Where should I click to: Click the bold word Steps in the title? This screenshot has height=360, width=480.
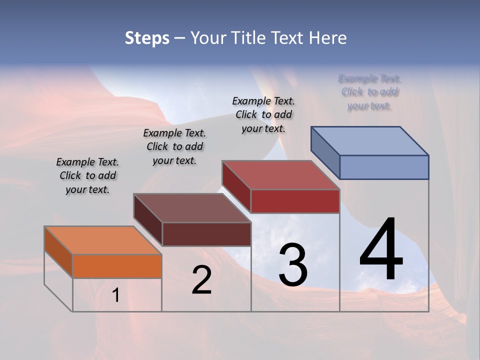pos(147,38)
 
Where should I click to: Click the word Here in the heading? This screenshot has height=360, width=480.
pos(327,38)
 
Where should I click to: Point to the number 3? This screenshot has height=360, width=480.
pos(293,265)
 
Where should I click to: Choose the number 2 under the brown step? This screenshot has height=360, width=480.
pos(201,280)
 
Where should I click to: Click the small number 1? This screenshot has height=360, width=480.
pos(115,295)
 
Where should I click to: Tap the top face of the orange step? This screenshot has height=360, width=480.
pos(102,240)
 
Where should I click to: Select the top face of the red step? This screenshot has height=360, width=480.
pos(280,175)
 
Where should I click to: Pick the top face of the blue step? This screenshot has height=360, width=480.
pos(370,141)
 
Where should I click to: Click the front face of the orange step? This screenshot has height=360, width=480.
pos(117,266)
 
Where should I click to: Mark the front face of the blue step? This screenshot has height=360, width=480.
pos(384,167)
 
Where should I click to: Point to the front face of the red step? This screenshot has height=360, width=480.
pos(295,201)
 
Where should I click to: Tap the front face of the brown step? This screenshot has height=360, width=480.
pos(206,234)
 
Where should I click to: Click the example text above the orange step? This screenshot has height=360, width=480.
pos(87,175)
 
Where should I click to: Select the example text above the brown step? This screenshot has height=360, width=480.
pos(174,146)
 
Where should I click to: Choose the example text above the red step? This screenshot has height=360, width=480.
pos(263,114)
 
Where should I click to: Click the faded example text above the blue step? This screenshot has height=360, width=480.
pos(370,92)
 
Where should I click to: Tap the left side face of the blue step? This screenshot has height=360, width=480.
pos(325,152)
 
